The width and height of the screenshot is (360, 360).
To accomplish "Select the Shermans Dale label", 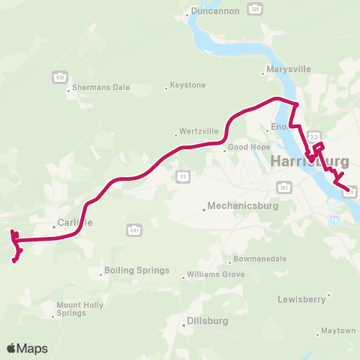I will click(102, 88).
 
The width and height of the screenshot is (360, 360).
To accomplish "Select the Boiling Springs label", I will click(137, 270).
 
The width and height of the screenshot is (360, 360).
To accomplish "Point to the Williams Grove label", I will click(215, 274).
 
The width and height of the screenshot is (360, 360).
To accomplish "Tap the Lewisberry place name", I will click(304, 298).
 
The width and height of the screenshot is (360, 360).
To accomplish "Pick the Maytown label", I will click(337, 330).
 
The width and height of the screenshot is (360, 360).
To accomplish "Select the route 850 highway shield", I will click(59, 76).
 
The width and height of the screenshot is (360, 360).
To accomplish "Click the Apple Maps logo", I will click(27, 348).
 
